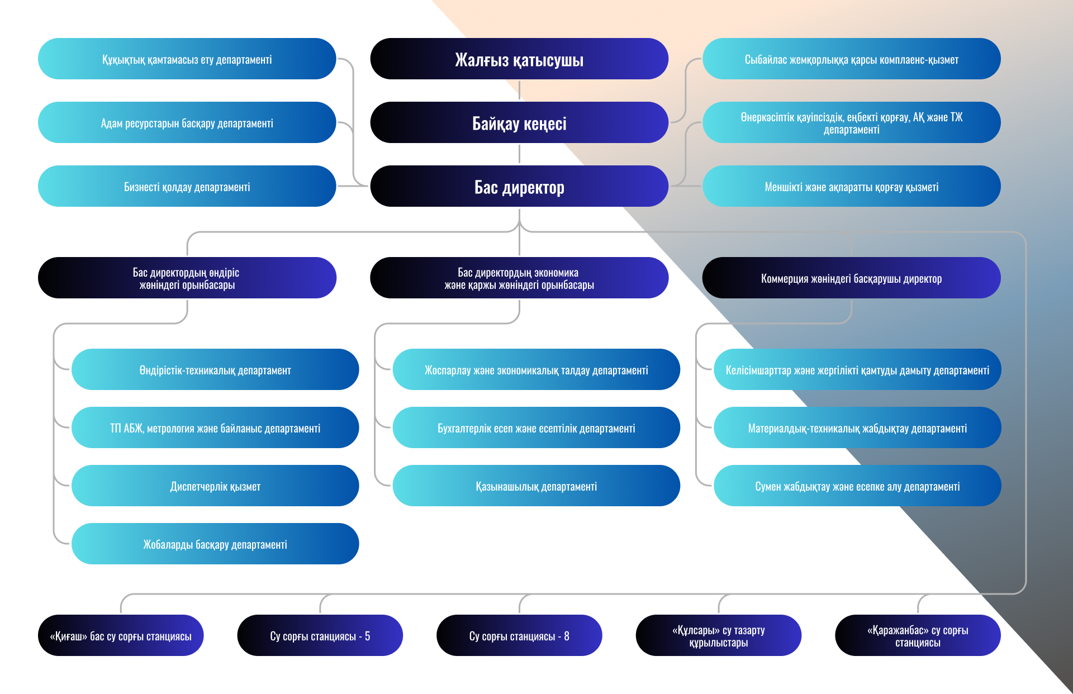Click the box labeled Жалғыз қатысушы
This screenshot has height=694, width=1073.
click(x=519, y=59)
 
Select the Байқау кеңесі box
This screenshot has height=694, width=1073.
click(x=519, y=122)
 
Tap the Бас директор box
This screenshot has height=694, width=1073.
click(x=519, y=186)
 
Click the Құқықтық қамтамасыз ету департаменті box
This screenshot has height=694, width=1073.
click(x=187, y=59)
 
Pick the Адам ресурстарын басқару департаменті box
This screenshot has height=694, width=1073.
click(x=187, y=122)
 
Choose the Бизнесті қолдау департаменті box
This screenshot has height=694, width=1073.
click(x=187, y=186)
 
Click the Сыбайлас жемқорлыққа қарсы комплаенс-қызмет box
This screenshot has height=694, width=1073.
click(x=851, y=59)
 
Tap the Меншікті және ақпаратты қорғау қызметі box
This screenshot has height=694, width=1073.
click(x=851, y=186)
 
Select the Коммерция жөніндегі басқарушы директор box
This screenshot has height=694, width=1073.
click(x=851, y=278)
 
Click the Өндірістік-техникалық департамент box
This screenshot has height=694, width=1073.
click(x=215, y=369)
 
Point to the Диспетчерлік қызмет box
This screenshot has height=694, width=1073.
click(x=215, y=486)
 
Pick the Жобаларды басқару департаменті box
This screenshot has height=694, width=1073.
click(x=215, y=544)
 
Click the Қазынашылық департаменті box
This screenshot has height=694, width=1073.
click(x=536, y=486)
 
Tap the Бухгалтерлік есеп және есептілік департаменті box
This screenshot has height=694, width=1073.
click(x=536, y=427)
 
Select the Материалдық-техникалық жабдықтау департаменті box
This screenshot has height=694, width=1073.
click(x=857, y=427)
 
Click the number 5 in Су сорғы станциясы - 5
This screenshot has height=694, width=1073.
click(x=367, y=636)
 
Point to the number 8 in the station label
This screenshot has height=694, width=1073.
click(x=567, y=636)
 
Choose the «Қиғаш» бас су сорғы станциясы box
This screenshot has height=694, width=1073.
click(x=121, y=635)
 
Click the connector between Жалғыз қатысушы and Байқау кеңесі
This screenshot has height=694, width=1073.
click(x=519, y=91)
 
